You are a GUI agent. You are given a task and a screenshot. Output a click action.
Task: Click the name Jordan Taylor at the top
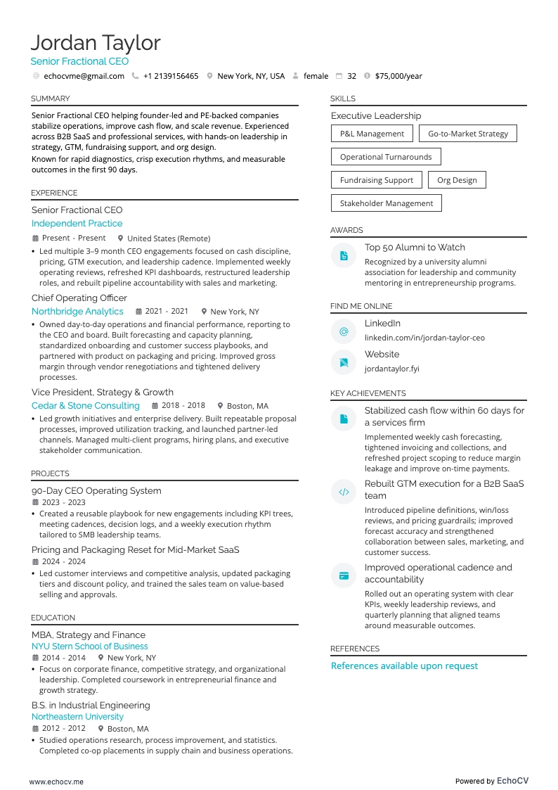[x=96, y=43]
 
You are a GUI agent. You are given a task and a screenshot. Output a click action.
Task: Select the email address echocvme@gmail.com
[x=84, y=76]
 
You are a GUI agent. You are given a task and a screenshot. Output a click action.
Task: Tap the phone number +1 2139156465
[x=171, y=76]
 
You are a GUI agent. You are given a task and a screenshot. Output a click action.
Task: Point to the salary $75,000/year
[x=398, y=76]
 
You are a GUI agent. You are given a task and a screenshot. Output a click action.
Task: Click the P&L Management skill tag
[x=372, y=134]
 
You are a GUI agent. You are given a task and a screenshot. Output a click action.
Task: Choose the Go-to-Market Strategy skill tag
[x=467, y=134]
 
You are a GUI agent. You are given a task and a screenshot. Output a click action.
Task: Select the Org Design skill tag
[x=457, y=180]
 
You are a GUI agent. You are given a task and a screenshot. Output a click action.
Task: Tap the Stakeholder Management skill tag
[x=387, y=203]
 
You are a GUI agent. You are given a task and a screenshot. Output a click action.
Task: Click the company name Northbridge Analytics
[x=77, y=312]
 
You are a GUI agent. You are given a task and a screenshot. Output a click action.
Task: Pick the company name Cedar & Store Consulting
[x=86, y=406]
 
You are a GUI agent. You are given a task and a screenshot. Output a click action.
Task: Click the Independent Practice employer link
[x=77, y=224]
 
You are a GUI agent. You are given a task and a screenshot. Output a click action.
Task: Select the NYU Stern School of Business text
[x=90, y=646]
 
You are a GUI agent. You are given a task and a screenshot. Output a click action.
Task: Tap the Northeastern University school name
[x=77, y=717]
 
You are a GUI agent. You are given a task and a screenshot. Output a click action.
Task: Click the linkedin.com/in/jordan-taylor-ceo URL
[x=424, y=338]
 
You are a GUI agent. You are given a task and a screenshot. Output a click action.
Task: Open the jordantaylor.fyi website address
[x=391, y=369]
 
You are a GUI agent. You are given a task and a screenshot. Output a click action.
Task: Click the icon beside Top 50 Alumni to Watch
[x=344, y=256]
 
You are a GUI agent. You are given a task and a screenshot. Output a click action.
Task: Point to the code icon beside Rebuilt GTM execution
[x=344, y=492]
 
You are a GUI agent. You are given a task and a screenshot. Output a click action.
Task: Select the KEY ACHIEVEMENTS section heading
[x=368, y=394]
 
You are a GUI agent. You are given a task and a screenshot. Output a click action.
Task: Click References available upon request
[x=404, y=666]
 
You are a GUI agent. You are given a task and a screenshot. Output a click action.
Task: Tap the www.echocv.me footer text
[x=56, y=782]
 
